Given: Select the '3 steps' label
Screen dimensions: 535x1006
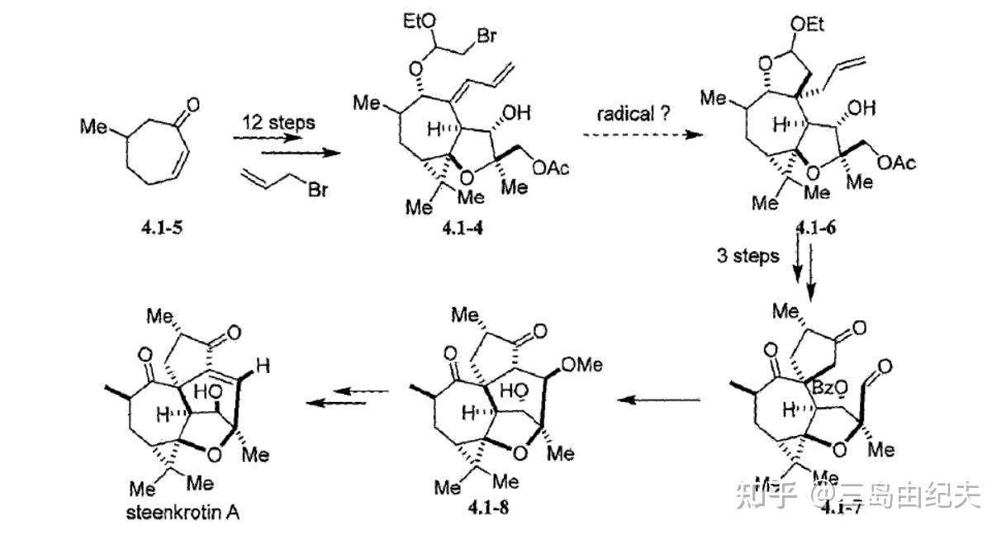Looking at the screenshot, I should pyautogui.click(x=747, y=256).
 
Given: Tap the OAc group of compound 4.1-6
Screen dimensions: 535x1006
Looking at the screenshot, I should pyautogui.click(x=895, y=163).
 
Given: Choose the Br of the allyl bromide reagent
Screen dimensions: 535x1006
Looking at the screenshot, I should pyautogui.click(x=320, y=192).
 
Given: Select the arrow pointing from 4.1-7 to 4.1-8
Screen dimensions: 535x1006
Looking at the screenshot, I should pyautogui.click(x=661, y=400).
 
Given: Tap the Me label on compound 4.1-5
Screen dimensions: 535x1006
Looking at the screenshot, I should pyautogui.click(x=92, y=127).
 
